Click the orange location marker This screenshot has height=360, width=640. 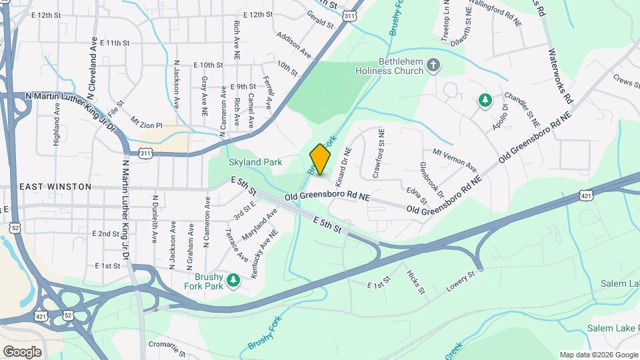[x=321, y=159]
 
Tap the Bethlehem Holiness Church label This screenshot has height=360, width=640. [x=391, y=65]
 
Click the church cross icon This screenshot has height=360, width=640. [x=433, y=65]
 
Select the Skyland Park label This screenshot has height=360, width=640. [x=255, y=162]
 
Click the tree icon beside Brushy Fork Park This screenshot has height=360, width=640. [x=233, y=280]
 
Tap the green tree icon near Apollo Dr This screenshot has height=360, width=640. [x=485, y=101]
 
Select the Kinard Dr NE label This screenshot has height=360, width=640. [x=343, y=166]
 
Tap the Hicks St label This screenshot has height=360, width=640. [x=415, y=282]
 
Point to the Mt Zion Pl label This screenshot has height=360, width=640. [x=147, y=123]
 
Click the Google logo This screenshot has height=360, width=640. [x=22, y=351]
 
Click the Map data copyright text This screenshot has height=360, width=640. [x=598, y=355]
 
